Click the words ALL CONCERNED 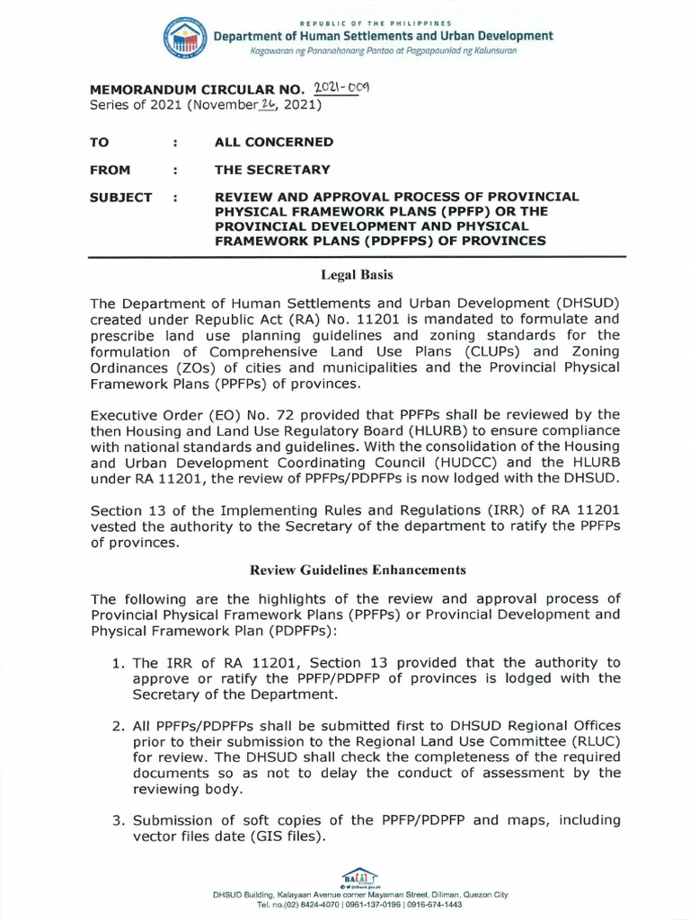click(x=273, y=142)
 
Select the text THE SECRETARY click(x=271, y=170)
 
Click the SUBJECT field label click(x=121, y=198)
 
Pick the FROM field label click(x=110, y=170)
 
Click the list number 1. click(x=118, y=663)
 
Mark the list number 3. click(x=118, y=820)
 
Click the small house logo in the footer click(x=359, y=875)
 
